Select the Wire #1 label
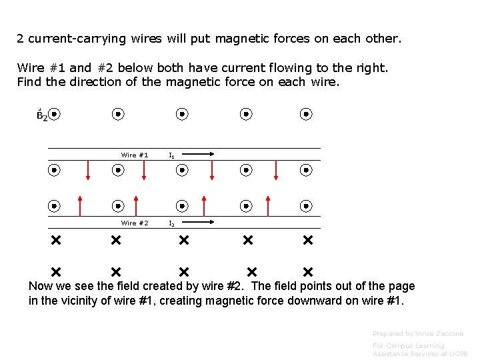coord(135,155)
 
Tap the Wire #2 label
coord(135,223)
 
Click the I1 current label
coord(172,155)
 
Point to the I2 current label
coord(172,224)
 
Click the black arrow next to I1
coord(199,155)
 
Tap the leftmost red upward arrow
coord(79,206)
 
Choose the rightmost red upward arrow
coord(268,206)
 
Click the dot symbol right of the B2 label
coord(55,114)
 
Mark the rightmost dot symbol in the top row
coord(306,114)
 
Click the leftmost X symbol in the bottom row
coord(55,272)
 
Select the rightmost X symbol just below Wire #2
coord(307,239)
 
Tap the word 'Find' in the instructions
coord(28,82)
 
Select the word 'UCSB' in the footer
coord(459,354)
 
